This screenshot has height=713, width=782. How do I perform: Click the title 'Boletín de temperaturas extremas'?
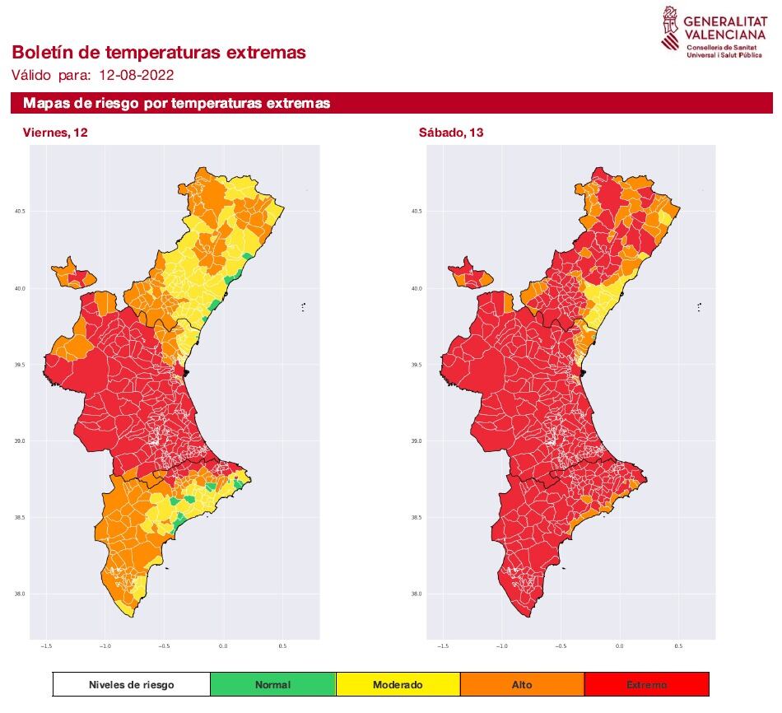(x=159, y=53)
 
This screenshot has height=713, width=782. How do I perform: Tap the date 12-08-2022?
(x=136, y=75)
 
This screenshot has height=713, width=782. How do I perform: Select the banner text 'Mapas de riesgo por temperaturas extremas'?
(x=177, y=104)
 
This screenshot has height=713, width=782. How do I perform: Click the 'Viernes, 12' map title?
(x=55, y=133)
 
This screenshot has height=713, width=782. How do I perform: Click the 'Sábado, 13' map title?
(x=452, y=133)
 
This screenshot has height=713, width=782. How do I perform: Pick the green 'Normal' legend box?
(x=272, y=684)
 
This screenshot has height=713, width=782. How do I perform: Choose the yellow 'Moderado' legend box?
(x=398, y=684)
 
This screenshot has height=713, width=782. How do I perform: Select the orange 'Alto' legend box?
(x=522, y=684)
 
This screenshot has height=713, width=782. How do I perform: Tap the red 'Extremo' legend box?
(x=646, y=684)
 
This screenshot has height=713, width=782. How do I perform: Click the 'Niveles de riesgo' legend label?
(x=132, y=684)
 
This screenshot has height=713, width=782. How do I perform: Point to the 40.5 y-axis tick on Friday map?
(x=20, y=212)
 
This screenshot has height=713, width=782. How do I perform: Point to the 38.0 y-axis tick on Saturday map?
(x=417, y=594)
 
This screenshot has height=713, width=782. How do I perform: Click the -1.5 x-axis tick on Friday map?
(x=47, y=646)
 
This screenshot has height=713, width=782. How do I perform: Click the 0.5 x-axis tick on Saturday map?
(x=678, y=646)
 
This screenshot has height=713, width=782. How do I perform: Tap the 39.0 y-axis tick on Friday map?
(x=20, y=441)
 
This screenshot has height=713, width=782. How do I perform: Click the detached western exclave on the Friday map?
(x=72, y=273)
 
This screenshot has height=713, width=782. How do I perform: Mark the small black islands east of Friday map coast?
(x=303, y=308)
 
